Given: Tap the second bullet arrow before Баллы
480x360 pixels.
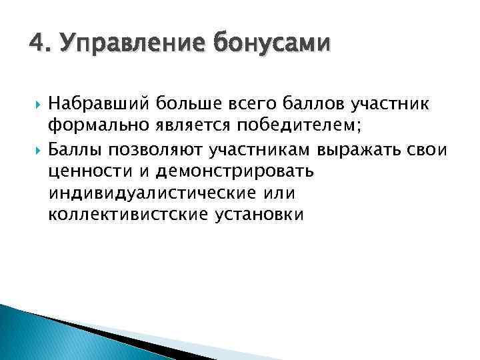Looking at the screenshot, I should (33, 149).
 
